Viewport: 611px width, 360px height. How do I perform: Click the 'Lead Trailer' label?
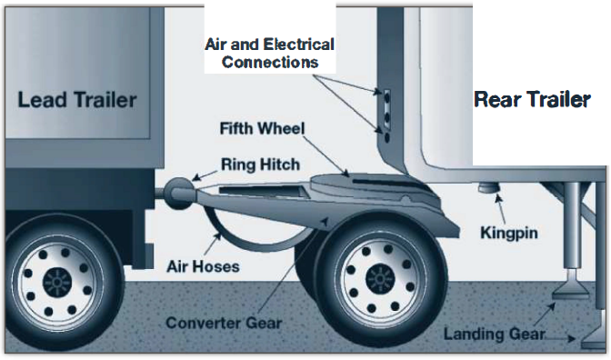coord(76,99)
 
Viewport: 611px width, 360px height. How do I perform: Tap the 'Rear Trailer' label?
coord(532,99)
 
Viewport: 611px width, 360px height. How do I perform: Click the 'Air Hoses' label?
coord(201,266)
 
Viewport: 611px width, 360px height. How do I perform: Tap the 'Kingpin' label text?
coord(508,234)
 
